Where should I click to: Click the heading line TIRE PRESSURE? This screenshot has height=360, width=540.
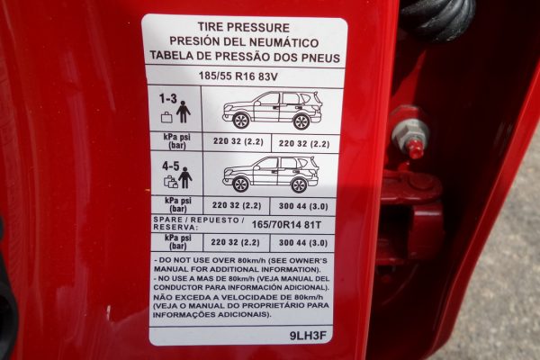244,27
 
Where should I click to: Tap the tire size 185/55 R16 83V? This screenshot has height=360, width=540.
238,76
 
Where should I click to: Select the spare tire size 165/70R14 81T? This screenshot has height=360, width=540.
286,225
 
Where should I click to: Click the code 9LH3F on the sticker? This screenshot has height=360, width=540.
308,336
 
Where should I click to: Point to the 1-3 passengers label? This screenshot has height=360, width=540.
168,99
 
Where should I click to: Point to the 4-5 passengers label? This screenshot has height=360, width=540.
171,166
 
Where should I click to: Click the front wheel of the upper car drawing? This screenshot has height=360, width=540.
241,121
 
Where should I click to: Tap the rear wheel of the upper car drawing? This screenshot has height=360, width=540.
301,121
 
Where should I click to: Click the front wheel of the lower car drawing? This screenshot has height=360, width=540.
240,184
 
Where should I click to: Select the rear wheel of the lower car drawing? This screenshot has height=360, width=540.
299,185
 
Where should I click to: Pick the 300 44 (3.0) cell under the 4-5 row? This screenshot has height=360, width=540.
303,206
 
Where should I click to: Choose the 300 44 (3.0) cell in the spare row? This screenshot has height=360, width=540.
303,243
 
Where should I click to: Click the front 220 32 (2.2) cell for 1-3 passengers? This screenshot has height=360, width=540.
238,141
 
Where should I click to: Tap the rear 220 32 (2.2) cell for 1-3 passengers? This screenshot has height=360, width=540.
304,143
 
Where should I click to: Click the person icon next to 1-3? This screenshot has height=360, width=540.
184,112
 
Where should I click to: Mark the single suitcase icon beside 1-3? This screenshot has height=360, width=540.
166,117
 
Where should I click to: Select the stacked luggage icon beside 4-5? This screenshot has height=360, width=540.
171,182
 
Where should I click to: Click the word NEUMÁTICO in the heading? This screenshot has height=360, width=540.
283,42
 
